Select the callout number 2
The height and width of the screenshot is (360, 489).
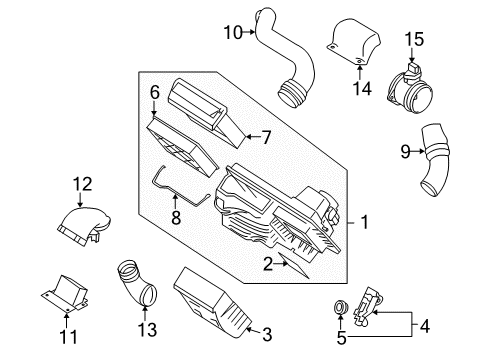pyautogui.click(x=268, y=263)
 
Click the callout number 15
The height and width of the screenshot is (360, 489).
pyautogui.click(x=414, y=39)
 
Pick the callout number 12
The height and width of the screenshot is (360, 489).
pyautogui.click(x=81, y=183)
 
